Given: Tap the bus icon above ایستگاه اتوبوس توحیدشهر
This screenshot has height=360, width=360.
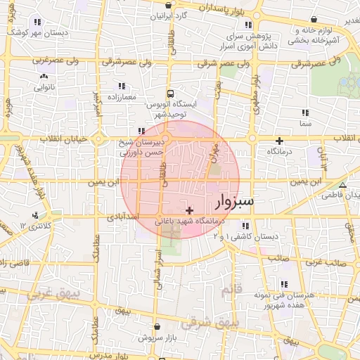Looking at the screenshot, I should (x=169, y=93).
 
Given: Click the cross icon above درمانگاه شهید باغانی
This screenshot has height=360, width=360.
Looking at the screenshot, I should (x=188, y=210).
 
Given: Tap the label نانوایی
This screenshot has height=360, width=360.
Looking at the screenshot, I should (x=44, y=87).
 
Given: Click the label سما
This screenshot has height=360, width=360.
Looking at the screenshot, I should (x=304, y=123).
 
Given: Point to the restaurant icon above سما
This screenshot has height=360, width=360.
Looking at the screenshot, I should (x=304, y=112).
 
